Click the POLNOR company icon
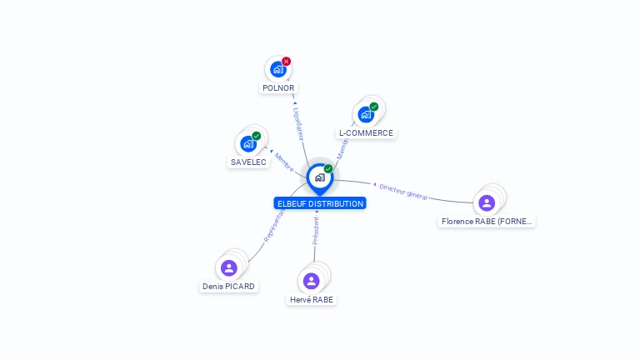(277, 70)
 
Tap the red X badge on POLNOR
(287, 61)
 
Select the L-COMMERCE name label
(366, 133)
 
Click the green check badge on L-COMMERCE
(374, 107)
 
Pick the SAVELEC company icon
(248, 143)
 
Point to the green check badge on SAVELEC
(257, 136)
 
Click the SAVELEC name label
(249, 162)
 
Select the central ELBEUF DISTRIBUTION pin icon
(319, 177)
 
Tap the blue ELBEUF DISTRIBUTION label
(320, 203)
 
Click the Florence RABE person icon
(487, 202)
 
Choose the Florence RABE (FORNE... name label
(487, 222)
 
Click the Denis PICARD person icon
(229, 267)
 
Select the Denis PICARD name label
(229, 287)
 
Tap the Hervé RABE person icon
(312, 280)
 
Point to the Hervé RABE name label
(312, 299)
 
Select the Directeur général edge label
(403, 192)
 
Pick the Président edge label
(316, 231)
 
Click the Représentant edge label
(273, 226)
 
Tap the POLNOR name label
(278, 87)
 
